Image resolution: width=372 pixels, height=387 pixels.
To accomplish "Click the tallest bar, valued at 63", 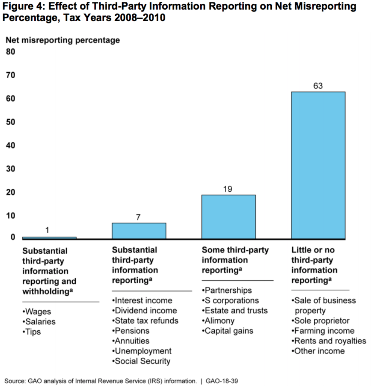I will pos(318,165).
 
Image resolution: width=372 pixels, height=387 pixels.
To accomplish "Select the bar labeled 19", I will pos(228,217).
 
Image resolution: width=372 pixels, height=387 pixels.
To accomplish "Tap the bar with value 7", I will pos(139,231).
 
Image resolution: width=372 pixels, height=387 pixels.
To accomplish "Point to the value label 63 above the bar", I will pos(318,86).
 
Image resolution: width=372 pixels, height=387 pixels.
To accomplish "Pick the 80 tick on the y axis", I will pos(10,52).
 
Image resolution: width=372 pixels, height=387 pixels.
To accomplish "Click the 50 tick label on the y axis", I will pos(10,122).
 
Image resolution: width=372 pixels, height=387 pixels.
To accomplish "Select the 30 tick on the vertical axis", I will pos(10,169).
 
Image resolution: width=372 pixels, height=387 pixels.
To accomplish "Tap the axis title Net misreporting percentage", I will pos(63,40).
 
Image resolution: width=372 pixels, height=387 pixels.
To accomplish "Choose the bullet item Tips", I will pos(32,332).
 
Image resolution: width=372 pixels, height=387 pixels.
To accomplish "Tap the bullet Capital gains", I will pos(228,331).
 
